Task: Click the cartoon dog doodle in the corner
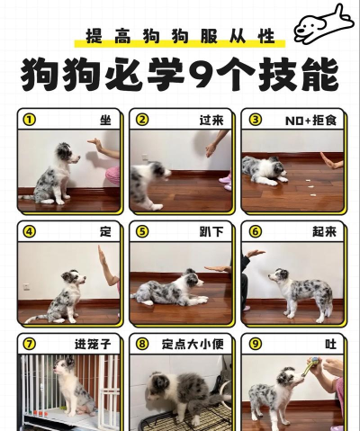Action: point(322,22)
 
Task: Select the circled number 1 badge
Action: point(29,119)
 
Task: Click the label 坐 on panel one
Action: point(105,119)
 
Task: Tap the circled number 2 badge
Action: point(141,119)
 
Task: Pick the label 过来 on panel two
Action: point(211,119)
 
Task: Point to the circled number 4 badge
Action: point(29,231)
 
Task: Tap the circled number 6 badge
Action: point(255,231)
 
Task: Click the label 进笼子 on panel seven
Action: point(93,344)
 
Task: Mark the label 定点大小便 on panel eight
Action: point(192,344)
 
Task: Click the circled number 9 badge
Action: point(255,344)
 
